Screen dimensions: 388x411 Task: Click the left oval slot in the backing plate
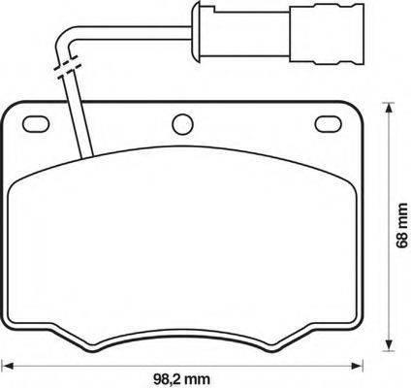tap(37, 124)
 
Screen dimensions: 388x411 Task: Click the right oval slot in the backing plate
tap(331, 124)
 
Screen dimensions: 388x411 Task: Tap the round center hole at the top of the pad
tap(181, 123)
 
